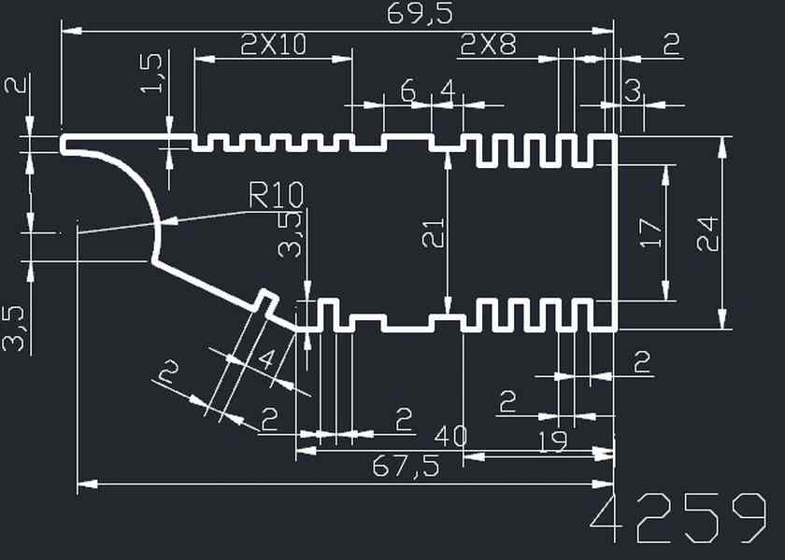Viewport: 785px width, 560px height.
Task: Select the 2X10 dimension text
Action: pos(273,44)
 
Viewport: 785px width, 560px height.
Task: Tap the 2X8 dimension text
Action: pos(488,44)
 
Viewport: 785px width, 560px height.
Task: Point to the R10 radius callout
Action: pos(277,196)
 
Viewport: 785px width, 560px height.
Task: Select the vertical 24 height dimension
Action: pos(707,233)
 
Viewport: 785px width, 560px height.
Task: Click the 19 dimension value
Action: pos(553,441)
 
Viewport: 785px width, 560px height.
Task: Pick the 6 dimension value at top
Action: pos(407,91)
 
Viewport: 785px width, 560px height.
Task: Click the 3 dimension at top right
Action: pos(633,91)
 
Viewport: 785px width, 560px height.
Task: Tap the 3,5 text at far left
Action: pos(15,328)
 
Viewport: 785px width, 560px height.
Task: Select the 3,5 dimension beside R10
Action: pos(292,233)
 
